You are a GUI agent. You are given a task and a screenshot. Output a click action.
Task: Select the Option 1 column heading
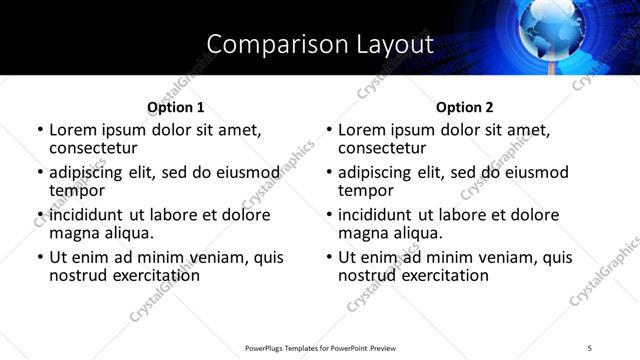(175, 107)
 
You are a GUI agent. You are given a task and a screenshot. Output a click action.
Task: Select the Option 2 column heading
(464, 107)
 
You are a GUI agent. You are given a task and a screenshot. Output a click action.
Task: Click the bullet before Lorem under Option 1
(40, 130)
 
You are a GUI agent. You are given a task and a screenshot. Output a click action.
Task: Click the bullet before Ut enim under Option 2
(329, 257)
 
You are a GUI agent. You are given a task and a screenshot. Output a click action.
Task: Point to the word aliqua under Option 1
(129, 233)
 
